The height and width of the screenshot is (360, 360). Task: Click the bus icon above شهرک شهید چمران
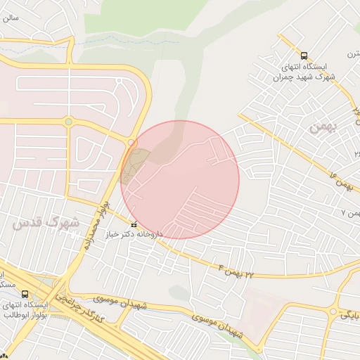(304, 56)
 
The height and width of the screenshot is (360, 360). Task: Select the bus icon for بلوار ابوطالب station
(25, 295)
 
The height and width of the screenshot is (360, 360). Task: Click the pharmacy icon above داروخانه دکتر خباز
(134, 224)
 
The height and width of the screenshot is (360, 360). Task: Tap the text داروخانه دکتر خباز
(134, 234)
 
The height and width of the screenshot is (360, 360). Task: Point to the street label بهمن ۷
(349, 211)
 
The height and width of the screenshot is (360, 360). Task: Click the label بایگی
(349, 314)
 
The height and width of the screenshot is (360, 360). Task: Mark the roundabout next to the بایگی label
(332, 311)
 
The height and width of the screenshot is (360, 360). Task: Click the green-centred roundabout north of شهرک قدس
(68, 122)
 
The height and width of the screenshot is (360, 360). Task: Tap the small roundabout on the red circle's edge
(131, 143)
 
